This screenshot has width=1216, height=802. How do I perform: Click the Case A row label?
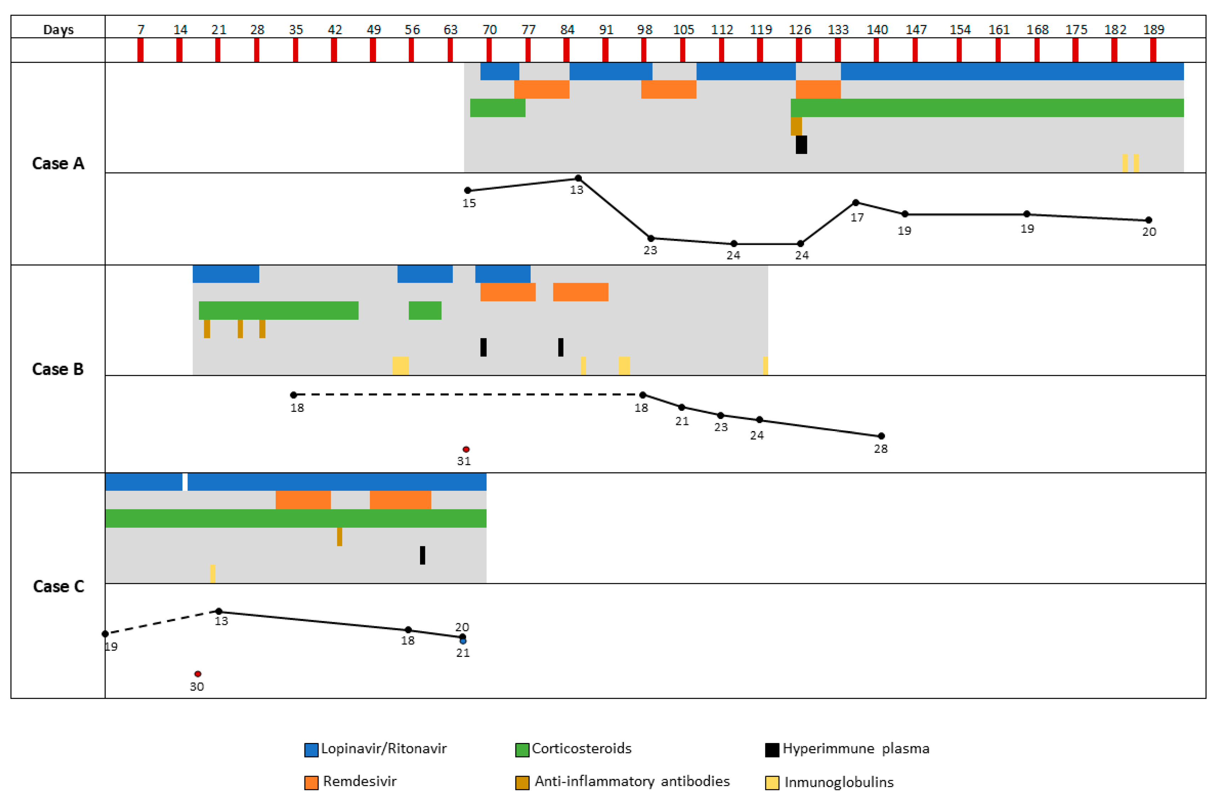(58, 164)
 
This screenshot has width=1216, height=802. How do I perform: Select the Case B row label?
(58, 369)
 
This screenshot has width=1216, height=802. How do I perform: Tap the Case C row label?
(58, 586)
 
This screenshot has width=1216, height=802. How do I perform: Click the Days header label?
(58, 30)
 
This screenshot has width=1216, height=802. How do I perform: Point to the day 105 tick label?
(683, 30)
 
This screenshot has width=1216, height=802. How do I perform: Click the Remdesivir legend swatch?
(311, 782)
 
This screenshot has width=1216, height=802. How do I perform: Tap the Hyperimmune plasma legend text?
(855, 749)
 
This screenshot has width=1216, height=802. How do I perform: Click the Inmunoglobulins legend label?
(839, 782)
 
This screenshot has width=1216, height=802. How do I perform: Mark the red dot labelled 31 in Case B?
(466, 450)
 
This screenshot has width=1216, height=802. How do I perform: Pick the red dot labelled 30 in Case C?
(198, 674)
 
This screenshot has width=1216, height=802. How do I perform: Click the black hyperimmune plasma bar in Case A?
(801, 145)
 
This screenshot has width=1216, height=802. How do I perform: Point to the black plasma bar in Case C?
(423, 556)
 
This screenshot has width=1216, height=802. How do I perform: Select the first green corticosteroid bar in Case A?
(498, 108)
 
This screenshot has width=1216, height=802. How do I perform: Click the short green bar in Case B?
(425, 310)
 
